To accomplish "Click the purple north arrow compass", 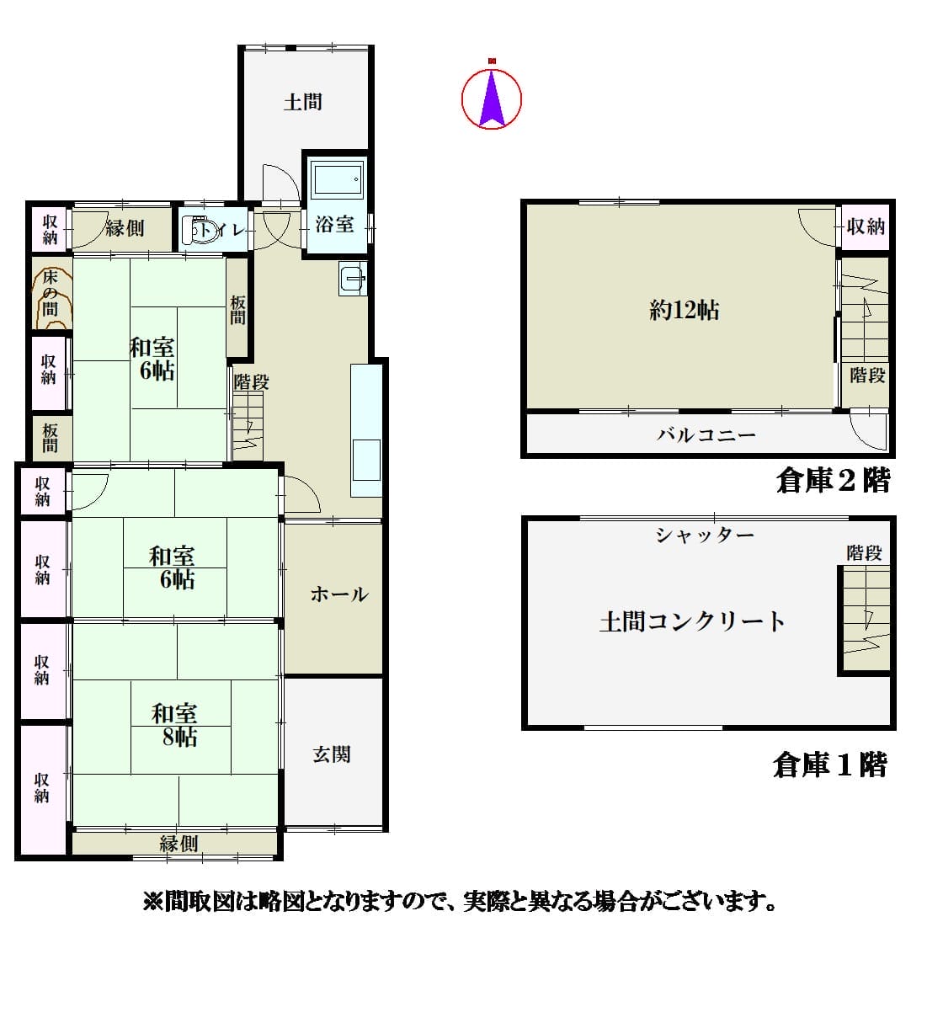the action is pyautogui.click(x=492, y=98).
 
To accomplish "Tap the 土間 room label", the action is pyautogui.click(x=303, y=102).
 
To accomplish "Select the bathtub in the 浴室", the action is pyautogui.click(x=338, y=179).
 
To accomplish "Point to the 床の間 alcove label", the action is pyautogui.click(x=50, y=294).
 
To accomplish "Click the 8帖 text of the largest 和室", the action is pyautogui.click(x=180, y=738).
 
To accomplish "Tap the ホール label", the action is pyautogui.click(x=338, y=594).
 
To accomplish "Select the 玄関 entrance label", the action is pyautogui.click(x=332, y=754).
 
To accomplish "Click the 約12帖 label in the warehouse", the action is pyautogui.click(x=685, y=310).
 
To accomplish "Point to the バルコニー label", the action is pyautogui.click(x=706, y=435).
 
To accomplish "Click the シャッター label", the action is pyautogui.click(x=705, y=535).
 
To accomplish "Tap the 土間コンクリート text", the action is pyautogui.click(x=692, y=622).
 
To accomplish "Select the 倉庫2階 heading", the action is pyautogui.click(x=834, y=481).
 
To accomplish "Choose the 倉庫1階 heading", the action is pyautogui.click(x=830, y=765).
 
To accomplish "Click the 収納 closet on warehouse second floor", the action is pyautogui.click(x=866, y=227).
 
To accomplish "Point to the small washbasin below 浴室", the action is pyautogui.click(x=353, y=279).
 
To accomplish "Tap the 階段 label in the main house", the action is pyautogui.click(x=251, y=382).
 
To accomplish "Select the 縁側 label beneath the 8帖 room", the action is pyautogui.click(x=178, y=844).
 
